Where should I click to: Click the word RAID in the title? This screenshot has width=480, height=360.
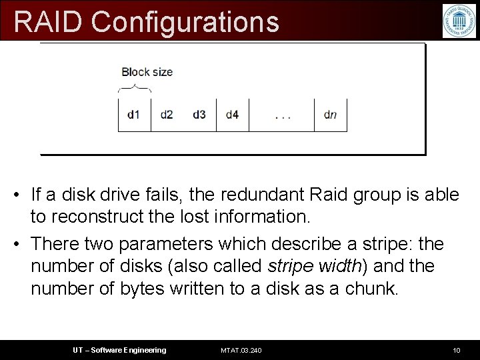point(49,21)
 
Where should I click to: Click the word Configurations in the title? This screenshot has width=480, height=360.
point(185,21)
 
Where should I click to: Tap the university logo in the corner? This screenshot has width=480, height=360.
point(459,21)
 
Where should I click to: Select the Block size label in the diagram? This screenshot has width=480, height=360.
point(147,72)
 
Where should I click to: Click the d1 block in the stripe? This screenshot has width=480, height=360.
point(134,115)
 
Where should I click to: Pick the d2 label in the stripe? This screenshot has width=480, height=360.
point(167,115)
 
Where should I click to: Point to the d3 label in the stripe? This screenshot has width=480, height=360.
point(199,115)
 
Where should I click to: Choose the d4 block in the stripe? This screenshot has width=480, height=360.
point(232,115)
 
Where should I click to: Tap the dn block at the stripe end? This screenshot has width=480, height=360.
point(330,115)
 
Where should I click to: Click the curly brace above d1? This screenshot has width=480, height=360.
point(134,88)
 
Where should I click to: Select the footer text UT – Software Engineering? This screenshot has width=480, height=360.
point(119,350)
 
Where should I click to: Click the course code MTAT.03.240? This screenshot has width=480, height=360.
point(241,350)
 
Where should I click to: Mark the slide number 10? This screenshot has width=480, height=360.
point(456,350)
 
